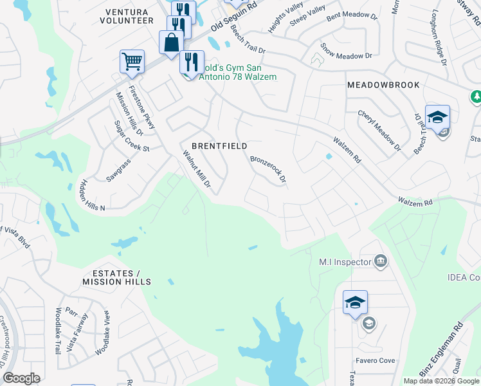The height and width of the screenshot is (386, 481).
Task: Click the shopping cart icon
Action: [132, 62]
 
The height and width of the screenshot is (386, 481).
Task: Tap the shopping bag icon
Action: [172, 43]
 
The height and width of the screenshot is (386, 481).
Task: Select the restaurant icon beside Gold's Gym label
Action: [192, 62]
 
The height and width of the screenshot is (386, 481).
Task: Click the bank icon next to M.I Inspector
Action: [380, 261]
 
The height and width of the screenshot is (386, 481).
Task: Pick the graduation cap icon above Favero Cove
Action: [354, 303]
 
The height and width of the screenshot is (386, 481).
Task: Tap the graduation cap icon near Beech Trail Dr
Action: [437, 117]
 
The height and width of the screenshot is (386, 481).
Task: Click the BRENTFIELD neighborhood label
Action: [219, 146]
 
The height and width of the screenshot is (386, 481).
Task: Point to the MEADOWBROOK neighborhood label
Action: [383, 85]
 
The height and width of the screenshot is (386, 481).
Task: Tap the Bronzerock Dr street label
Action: [268, 169]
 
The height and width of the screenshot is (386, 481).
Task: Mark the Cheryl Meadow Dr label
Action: [379, 131]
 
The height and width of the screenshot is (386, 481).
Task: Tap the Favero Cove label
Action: [377, 361]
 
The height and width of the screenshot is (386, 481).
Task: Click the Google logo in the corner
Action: [21, 378]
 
